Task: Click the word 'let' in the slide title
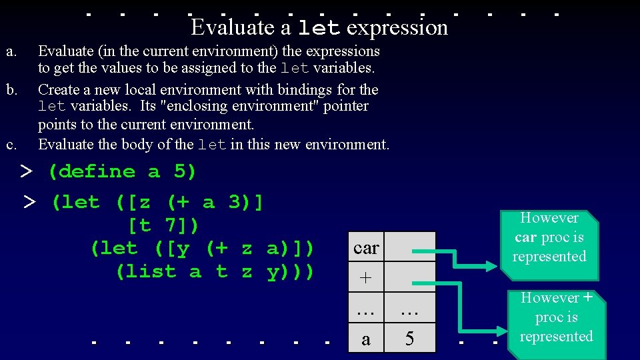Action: [320, 27]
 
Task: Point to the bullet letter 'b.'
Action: [11, 89]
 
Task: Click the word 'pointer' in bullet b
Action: [345, 106]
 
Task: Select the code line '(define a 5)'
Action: [122, 171]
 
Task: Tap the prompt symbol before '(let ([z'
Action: [28, 203]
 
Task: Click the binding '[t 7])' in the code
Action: [163, 225]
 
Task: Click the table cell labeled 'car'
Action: [366, 247]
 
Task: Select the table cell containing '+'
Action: [366, 278]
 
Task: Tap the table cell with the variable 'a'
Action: [366, 339]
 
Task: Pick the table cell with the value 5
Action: [410, 339]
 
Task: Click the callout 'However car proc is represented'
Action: [549, 237]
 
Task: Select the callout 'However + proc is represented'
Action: [556, 317]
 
